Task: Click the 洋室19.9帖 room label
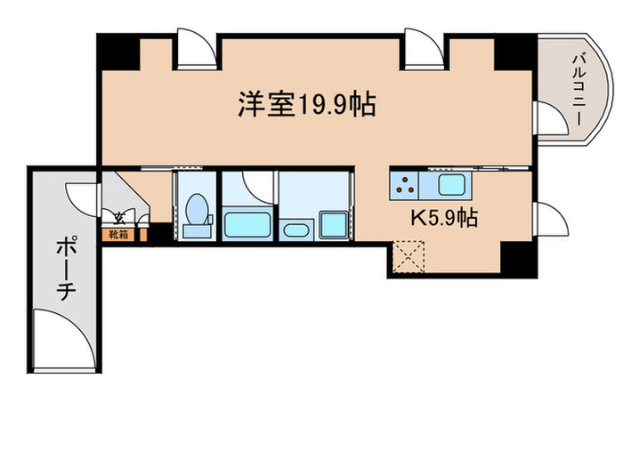tap(305, 105)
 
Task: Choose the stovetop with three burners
tap(404, 186)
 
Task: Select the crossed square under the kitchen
tap(406, 261)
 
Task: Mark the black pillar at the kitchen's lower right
tap(515, 260)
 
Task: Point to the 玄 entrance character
tap(117, 216)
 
